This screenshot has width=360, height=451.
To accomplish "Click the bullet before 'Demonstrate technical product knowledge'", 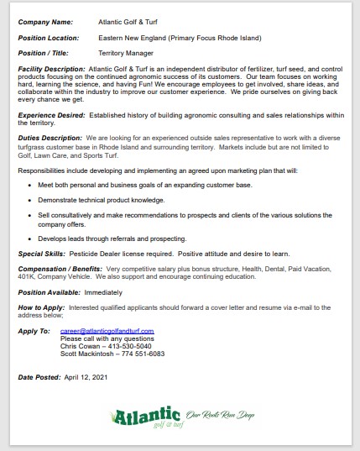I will [30, 201].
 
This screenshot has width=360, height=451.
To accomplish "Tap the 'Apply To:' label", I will [34, 331].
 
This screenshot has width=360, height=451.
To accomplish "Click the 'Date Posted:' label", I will [39, 378].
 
